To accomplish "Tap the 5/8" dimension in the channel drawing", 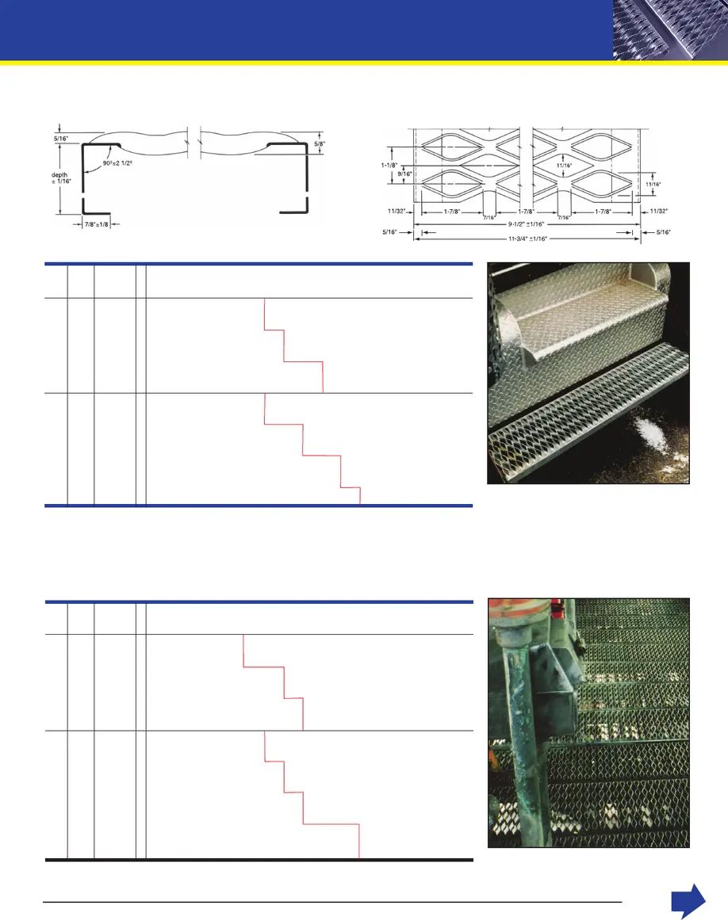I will (319, 144).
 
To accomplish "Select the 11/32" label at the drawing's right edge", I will (657, 212).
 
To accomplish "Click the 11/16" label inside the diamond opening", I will (564, 166).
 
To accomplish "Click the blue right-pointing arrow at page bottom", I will (688, 901).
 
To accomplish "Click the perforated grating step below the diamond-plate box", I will (571, 448).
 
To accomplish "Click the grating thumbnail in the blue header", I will (669, 29).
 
